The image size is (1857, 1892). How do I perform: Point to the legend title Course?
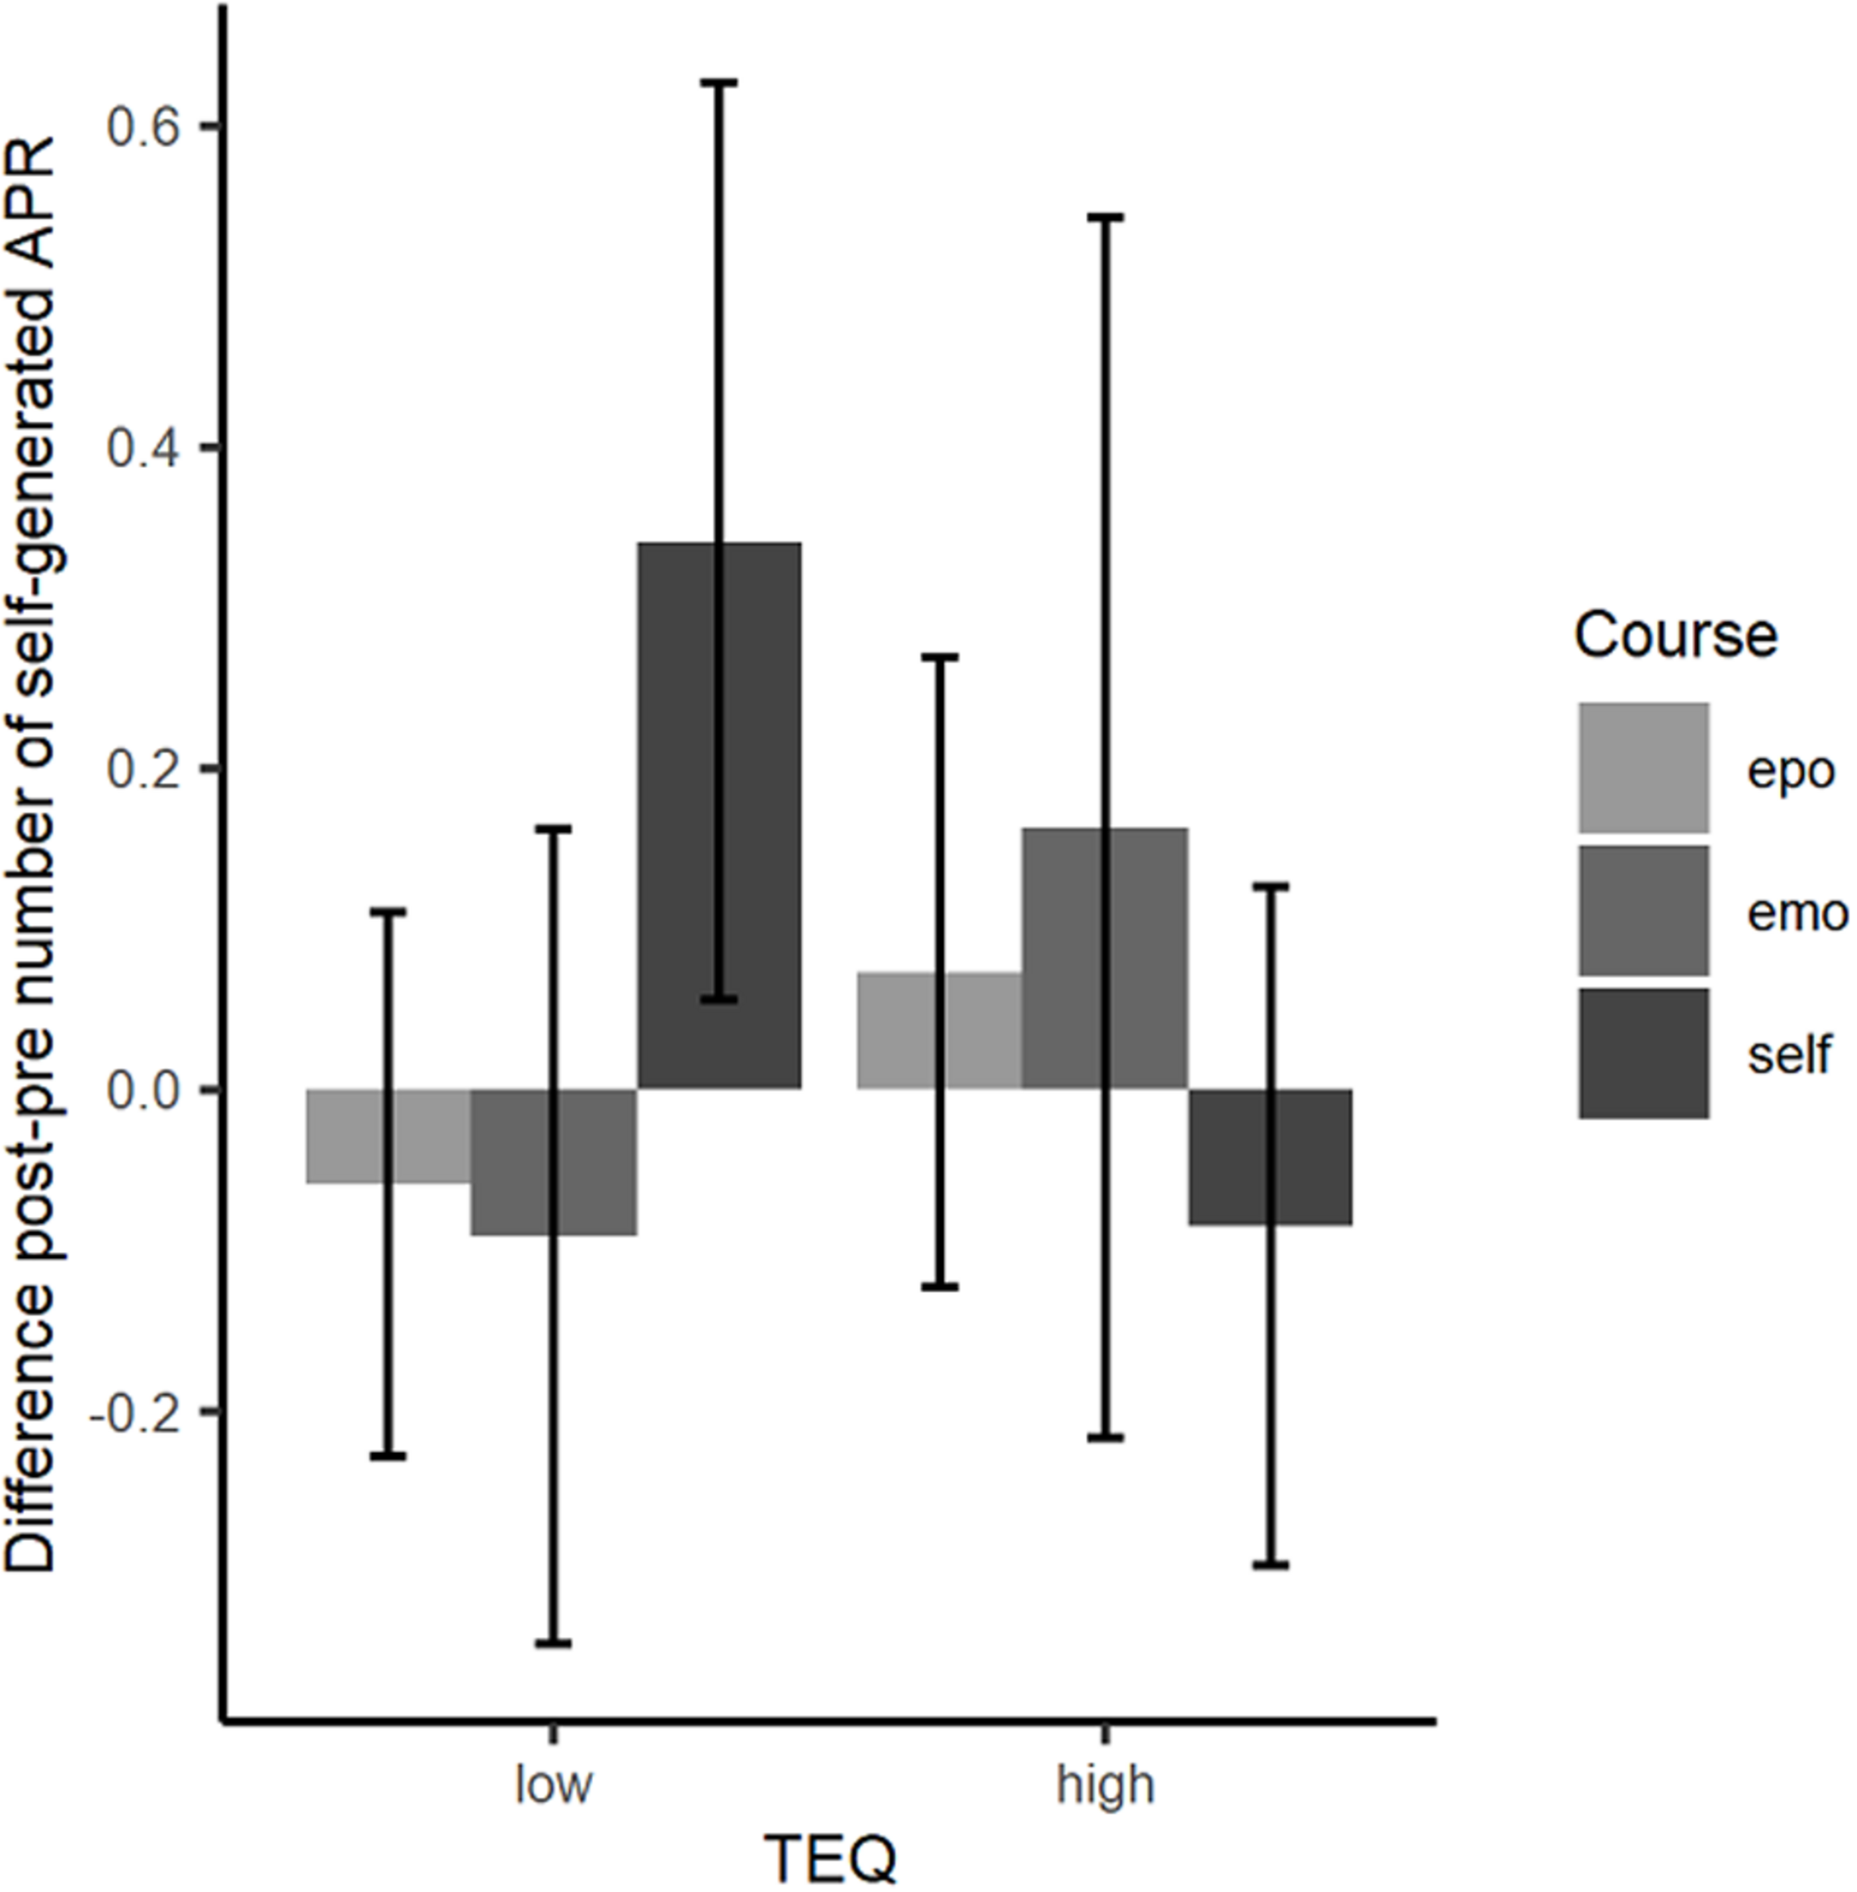[x=1674, y=635]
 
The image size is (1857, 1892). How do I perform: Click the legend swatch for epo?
[x=1643, y=767]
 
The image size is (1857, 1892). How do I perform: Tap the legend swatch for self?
[x=1643, y=1054]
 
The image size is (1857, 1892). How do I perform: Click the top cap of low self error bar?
[x=719, y=84]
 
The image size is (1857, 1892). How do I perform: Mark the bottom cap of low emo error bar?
[x=553, y=1644]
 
